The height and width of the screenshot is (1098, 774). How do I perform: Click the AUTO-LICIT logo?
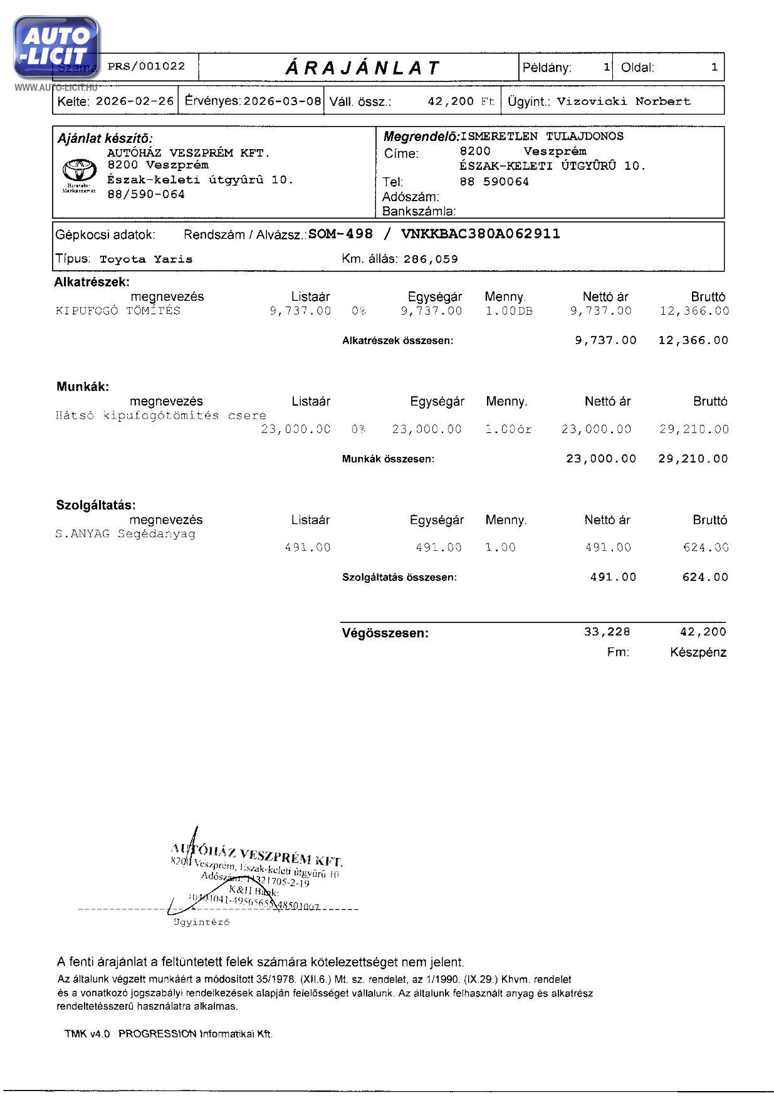click(x=56, y=48)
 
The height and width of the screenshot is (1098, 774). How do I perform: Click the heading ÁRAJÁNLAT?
click(x=363, y=68)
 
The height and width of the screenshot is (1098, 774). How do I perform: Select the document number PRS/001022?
click(x=147, y=66)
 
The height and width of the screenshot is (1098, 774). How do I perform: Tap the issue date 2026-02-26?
click(x=134, y=101)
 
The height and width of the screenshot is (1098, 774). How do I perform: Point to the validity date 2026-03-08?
click(x=282, y=101)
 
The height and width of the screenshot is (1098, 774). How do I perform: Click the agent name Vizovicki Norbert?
click(x=624, y=101)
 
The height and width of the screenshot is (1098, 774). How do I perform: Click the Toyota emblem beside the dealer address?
click(x=79, y=171)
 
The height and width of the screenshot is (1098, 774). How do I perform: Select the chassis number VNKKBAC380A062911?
click(x=481, y=234)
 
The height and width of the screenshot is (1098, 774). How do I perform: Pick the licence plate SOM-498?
click(x=340, y=234)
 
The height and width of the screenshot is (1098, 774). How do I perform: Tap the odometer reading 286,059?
click(x=431, y=259)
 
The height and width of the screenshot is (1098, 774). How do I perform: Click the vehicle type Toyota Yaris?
click(x=146, y=259)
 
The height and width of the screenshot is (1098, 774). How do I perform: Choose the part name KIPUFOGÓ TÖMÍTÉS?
click(x=118, y=311)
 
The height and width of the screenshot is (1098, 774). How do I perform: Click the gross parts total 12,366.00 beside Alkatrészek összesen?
click(x=693, y=340)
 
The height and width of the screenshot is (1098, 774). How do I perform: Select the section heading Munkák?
click(x=83, y=387)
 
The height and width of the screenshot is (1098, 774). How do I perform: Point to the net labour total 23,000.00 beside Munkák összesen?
click(x=600, y=459)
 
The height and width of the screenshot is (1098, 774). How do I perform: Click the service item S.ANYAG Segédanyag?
click(x=125, y=534)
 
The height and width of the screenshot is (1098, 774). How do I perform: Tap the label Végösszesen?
click(x=385, y=633)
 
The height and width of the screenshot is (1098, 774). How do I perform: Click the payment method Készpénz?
click(x=698, y=652)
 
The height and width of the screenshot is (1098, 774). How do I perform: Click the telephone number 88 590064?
click(x=494, y=182)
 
